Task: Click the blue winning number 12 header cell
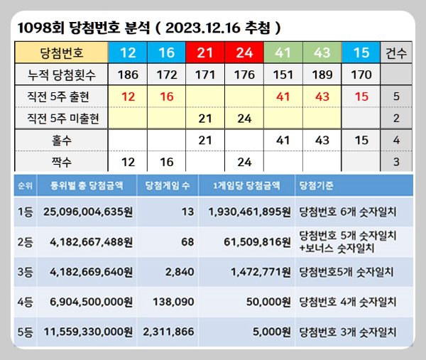coord(128,52)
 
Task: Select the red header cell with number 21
coord(204,52)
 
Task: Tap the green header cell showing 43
coord(322,52)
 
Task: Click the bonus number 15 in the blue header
coord(361,52)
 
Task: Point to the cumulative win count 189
coord(322,74)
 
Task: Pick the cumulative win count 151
coord(283,74)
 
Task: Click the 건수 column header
coord(395,52)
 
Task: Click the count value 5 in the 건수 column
coord(395,96)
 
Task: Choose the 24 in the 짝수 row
coord(244,163)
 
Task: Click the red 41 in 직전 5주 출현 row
coord(283,96)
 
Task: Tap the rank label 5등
coord(26,331)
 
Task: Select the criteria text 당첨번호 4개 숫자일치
coord(348,301)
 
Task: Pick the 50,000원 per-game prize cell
coord(266,301)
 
